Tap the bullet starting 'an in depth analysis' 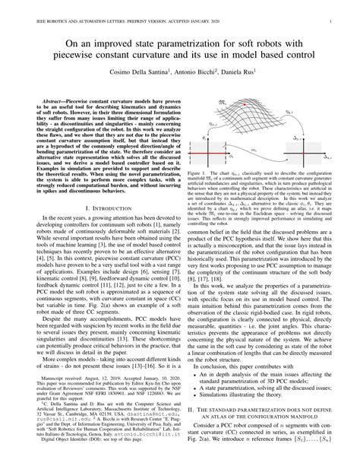pyautogui.click(x=262, y=389)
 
